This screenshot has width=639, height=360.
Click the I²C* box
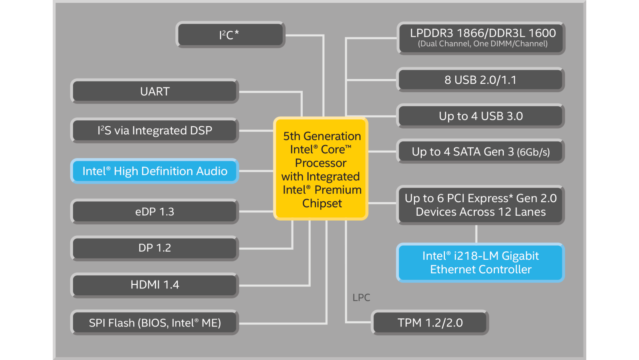[x=230, y=35]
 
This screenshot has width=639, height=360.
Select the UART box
[x=155, y=91]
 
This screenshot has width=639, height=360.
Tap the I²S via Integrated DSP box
[x=155, y=131]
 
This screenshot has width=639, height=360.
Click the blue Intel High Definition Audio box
[x=155, y=171]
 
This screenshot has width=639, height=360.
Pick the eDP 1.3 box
[x=155, y=211]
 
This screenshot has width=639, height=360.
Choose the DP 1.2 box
[x=155, y=248]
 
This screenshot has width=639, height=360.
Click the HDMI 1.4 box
[x=155, y=285]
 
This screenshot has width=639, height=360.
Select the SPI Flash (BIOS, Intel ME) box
[x=155, y=323]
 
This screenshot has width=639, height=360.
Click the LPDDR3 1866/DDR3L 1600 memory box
[x=481, y=38]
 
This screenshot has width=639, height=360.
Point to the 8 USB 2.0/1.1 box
[x=480, y=80]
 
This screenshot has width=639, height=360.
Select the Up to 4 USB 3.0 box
[x=480, y=116]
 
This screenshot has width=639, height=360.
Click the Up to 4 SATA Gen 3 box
[x=480, y=152]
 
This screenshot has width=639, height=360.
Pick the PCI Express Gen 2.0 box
[x=480, y=205]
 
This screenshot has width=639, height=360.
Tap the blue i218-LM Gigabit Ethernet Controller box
[x=480, y=263]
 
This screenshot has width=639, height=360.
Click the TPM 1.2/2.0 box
[x=430, y=323]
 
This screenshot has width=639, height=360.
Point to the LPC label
[x=361, y=298]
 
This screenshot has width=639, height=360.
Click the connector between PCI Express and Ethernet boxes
[x=476, y=234]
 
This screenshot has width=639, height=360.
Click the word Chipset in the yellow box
[x=322, y=203]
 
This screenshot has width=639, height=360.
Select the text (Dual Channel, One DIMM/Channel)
[x=482, y=44]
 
